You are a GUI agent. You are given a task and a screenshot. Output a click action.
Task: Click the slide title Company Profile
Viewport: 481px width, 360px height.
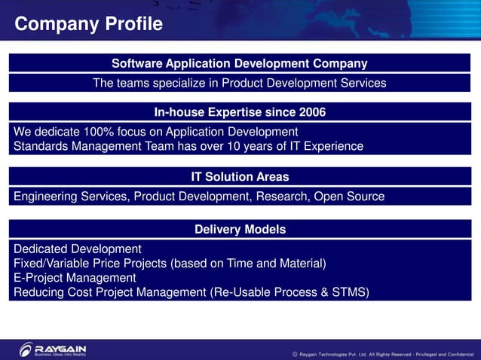[89, 24]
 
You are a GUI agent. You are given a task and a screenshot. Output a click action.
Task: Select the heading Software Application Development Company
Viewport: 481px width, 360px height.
[240, 63]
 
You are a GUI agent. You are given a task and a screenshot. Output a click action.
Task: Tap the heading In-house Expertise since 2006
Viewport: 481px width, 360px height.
[240, 112]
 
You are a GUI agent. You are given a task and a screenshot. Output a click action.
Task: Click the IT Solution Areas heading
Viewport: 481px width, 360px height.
[240, 177]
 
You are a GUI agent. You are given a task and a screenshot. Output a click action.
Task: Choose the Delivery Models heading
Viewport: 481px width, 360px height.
[240, 229]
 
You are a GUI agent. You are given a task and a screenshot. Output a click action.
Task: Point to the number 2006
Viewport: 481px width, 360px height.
[311, 112]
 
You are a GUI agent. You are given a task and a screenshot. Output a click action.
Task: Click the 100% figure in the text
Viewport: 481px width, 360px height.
[99, 132]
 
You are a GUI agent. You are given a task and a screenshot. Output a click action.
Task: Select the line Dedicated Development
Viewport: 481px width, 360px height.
[78, 249]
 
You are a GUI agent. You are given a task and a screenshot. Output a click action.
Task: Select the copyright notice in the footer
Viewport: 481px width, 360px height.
[382, 353]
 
